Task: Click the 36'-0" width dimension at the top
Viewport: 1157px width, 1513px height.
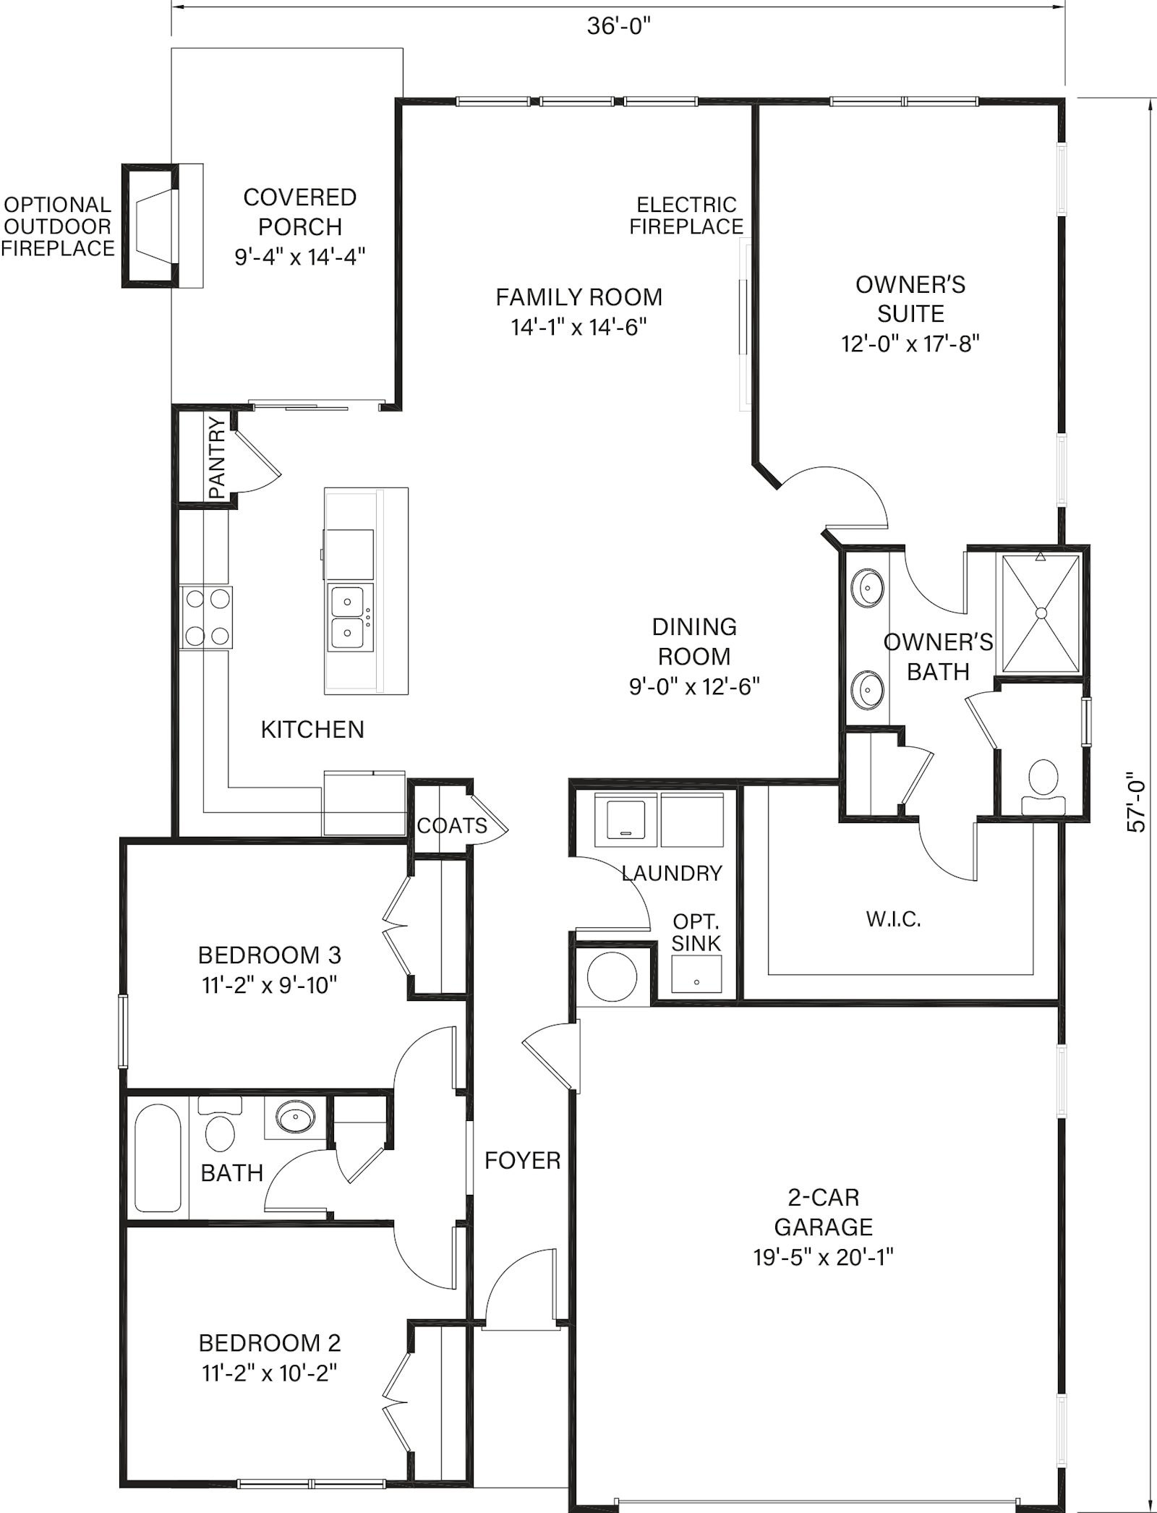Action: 618,27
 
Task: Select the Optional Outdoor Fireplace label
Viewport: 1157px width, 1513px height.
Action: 58,226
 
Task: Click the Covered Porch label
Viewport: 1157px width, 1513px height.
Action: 300,212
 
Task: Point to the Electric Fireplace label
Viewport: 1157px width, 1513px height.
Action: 686,216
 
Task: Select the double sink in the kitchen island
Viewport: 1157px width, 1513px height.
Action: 349,616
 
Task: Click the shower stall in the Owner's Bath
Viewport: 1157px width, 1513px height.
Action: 1041,612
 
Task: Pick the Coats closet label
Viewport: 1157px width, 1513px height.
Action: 453,825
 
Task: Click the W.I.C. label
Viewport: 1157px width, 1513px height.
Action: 893,920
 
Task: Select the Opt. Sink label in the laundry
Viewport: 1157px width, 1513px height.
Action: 696,932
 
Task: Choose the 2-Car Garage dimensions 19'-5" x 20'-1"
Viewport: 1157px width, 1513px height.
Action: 824,1257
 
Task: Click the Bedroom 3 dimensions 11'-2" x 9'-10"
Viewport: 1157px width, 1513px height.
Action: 270,985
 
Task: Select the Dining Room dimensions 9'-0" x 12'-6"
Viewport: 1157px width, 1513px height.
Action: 694,686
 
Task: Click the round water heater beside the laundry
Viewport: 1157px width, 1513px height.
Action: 612,976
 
